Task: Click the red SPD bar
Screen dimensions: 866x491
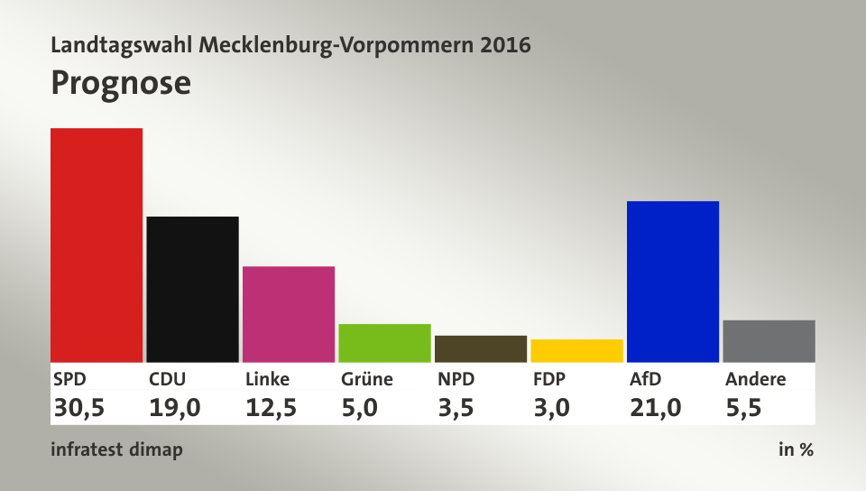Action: point(97,245)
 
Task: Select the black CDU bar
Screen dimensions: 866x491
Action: point(193,290)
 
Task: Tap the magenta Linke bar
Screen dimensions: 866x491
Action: point(289,314)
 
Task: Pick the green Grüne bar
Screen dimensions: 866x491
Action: point(385,343)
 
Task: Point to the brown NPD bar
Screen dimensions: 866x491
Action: point(481,349)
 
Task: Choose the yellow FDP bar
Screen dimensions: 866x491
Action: point(577,351)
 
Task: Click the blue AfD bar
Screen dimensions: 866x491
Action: point(673,282)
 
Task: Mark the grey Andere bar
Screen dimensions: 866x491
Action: point(769,341)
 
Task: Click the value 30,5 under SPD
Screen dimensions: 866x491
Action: point(79,408)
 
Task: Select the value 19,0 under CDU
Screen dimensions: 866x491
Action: point(175,408)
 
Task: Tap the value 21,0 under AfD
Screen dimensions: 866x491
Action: point(656,408)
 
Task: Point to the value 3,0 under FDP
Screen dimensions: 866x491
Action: point(552,408)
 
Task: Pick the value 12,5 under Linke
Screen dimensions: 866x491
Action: point(272,408)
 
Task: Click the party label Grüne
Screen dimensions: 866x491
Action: point(367,379)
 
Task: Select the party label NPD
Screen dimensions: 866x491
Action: point(456,379)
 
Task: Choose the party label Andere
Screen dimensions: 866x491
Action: point(756,379)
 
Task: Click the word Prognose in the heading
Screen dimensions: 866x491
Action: point(121,84)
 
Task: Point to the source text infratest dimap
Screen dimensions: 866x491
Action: point(116,449)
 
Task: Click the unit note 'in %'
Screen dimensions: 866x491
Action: point(796,449)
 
